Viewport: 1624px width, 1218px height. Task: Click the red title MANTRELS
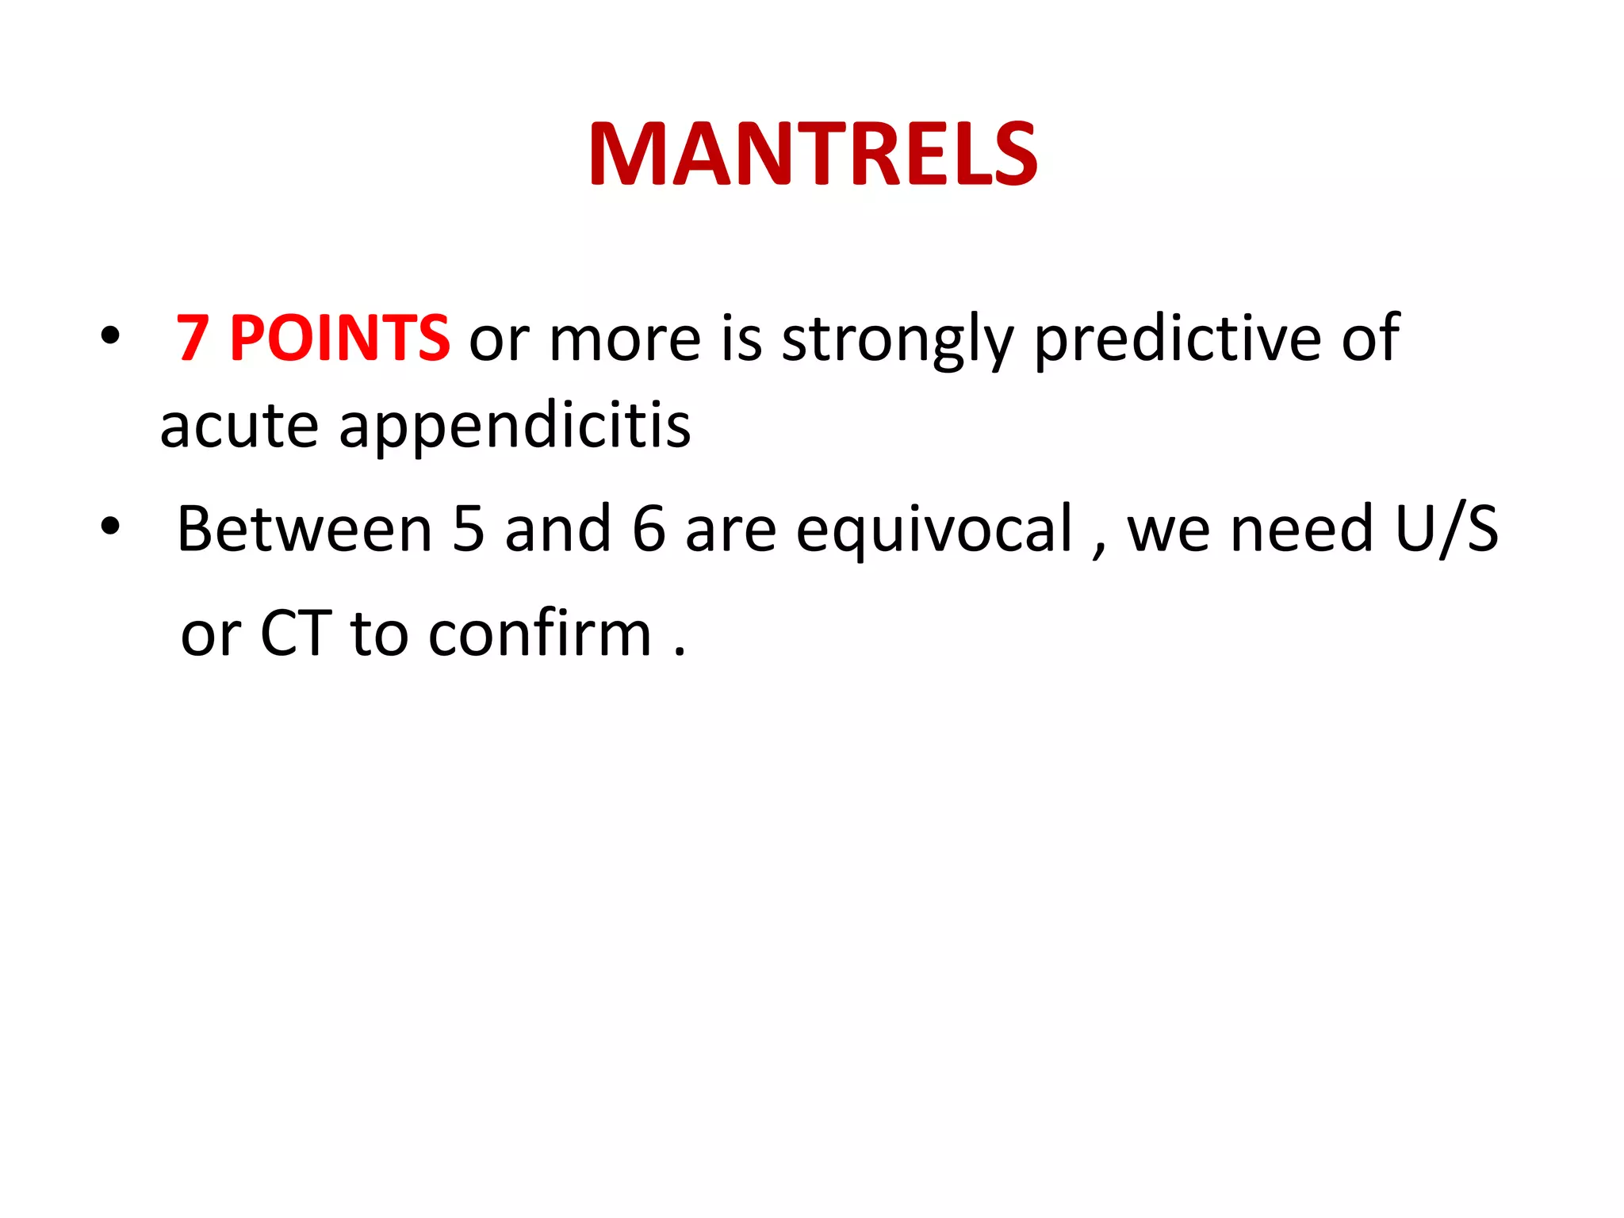[x=812, y=155]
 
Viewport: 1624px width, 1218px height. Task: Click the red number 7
[x=193, y=339]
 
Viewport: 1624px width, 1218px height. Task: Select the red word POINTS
[x=339, y=339]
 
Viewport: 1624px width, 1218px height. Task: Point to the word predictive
[x=1177, y=339]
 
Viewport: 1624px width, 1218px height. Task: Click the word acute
[x=239, y=427]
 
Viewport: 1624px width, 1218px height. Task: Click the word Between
[x=304, y=529]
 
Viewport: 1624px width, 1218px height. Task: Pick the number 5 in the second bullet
[x=468, y=529]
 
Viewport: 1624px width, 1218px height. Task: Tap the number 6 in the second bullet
[x=649, y=529]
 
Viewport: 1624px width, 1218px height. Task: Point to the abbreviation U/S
[x=1446, y=529]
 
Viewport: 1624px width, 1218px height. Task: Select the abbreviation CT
[x=295, y=634]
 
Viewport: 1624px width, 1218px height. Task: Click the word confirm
[x=540, y=634]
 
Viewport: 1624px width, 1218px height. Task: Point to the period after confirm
[x=680, y=653]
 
